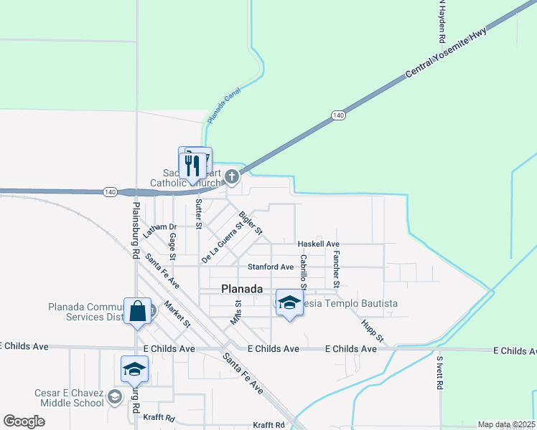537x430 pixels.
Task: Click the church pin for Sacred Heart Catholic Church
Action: [x=231, y=176]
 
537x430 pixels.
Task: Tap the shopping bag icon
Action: [x=138, y=312]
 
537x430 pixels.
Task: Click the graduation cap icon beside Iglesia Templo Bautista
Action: [x=289, y=304]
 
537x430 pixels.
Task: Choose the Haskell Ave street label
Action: [x=319, y=244]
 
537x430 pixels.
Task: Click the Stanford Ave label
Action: [x=271, y=267]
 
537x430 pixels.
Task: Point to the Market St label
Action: [x=177, y=312]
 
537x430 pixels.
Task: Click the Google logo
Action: [x=24, y=421]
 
